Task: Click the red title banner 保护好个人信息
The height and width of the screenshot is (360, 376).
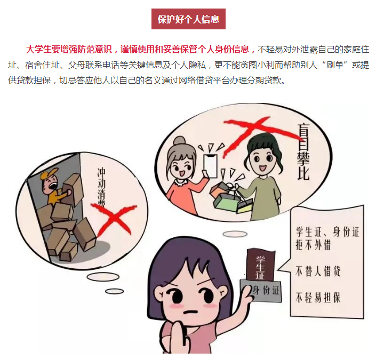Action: point(188,19)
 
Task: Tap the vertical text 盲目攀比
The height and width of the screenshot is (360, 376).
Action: point(303,152)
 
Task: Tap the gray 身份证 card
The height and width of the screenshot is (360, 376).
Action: point(261,291)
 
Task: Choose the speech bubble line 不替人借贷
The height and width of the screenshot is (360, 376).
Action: point(318,271)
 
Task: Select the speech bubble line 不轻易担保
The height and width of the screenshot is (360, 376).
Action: point(318,298)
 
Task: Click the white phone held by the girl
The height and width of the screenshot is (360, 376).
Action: point(210,165)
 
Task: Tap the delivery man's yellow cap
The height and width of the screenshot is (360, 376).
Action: point(49,174)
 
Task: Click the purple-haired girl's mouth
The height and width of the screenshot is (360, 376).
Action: point(191,312)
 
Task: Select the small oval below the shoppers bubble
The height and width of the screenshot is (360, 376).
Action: point(235,234)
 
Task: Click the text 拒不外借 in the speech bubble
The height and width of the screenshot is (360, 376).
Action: point(313,245)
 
